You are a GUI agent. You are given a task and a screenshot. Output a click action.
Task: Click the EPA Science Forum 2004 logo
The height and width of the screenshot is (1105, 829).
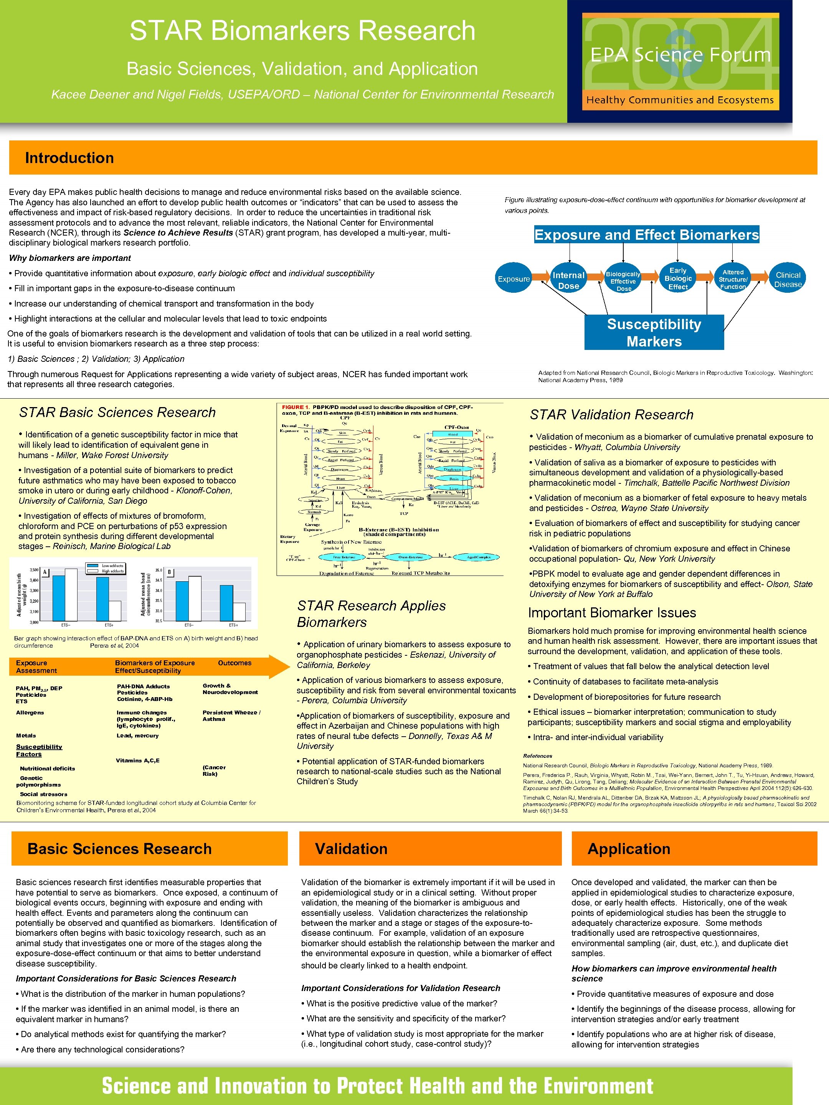[680, 61]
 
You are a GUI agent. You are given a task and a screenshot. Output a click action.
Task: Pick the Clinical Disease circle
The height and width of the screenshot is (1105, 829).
[788, 279]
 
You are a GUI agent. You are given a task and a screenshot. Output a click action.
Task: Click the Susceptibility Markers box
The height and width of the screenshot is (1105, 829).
[654, 332]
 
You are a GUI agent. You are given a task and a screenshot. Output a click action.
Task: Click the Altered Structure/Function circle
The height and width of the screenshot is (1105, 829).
[733, 279]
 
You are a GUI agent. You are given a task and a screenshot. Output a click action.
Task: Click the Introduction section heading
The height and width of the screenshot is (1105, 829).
[69, 158]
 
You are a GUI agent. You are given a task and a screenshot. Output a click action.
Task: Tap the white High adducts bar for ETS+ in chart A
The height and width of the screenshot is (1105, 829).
[114, 611]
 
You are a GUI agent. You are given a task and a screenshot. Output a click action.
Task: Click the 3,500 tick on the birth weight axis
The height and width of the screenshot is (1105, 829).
[34, 569]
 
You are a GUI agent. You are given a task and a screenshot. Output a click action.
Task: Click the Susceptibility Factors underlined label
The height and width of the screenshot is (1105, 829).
[39, 750]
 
